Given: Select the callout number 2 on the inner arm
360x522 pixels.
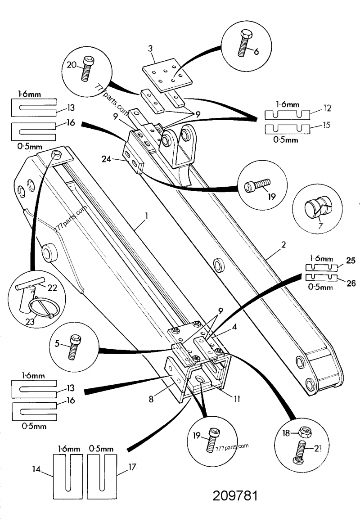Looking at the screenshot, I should pyautogui.click(x=283, y=246).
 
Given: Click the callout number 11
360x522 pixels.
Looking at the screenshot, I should pyautogui.click(x=236, y=398).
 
